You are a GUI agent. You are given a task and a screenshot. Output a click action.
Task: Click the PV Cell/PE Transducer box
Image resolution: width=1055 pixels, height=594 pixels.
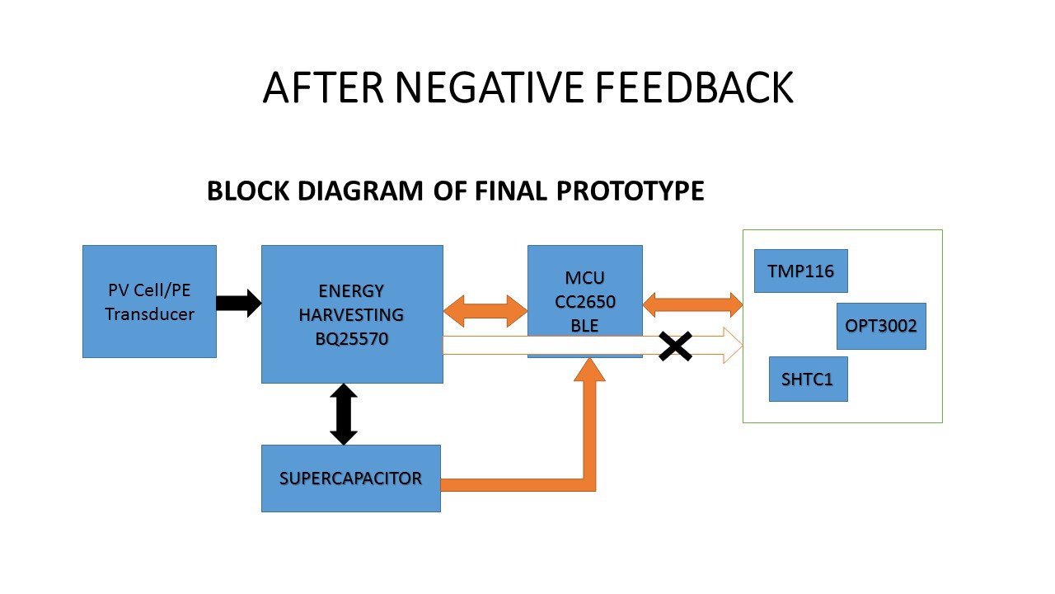pos(149,301)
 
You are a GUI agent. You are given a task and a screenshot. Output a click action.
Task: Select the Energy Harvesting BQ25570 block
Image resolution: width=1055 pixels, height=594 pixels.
pos(352,314)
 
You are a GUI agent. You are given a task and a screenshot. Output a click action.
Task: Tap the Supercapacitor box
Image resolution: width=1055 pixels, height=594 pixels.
pos(351,478)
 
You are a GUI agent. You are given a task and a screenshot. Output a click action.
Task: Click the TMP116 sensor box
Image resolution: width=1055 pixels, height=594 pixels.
pos(800,271)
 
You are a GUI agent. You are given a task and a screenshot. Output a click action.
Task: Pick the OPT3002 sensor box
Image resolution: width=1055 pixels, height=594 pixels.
pos(881,326)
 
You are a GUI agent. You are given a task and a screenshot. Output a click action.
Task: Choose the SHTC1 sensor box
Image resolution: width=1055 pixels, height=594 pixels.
pos(809,379)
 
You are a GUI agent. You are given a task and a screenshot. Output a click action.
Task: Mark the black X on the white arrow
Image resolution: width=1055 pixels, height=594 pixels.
pos(675,346)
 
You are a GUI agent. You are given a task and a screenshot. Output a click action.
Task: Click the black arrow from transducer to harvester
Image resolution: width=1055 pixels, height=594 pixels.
pos(239,303)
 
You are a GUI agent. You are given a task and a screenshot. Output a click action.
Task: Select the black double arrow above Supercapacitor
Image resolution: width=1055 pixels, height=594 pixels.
pos(344,414)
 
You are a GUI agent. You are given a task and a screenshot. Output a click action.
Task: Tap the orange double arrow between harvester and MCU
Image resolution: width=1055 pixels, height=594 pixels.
pos(485,311)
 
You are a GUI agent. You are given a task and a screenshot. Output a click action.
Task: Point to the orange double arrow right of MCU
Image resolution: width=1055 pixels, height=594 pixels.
pos(692,304)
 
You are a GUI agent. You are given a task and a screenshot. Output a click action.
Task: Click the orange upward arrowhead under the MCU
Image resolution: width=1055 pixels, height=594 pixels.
pos(589,370)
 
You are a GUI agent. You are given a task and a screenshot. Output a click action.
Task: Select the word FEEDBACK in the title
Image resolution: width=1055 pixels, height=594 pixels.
pos(695,87)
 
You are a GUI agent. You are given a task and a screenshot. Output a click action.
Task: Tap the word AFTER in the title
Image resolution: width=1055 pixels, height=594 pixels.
pos(324,87)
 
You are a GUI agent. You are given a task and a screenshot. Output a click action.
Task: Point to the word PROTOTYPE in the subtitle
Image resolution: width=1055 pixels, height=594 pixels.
pos(631,191)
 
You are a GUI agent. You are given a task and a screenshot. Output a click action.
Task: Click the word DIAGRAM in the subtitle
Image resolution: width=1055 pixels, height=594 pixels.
pos(360,191)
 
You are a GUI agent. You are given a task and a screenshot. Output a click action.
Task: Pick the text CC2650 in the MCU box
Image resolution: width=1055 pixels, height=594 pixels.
pos(585,302)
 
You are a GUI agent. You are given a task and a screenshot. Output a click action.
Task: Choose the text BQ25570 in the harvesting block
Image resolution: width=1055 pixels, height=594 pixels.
pos(352,338)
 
